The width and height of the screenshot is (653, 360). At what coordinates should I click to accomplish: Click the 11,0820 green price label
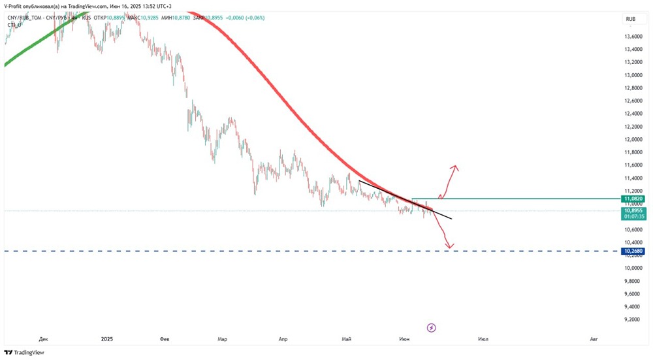click(634, 199)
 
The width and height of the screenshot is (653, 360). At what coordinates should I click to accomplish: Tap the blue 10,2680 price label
click(634, 251)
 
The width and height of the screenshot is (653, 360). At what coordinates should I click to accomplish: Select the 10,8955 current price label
click(634, 210)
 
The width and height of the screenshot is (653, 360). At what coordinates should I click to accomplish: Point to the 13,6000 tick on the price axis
click(633, 37)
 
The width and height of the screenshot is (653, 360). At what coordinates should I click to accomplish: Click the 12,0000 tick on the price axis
click(633, 139)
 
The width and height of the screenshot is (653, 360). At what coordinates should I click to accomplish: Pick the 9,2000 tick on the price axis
click(633, 319)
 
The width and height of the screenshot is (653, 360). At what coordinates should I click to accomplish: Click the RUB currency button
click(631, 20)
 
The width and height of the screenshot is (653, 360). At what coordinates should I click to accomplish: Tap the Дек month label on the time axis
click(44, 339)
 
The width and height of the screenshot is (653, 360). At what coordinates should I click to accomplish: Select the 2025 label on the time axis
click(108, 339)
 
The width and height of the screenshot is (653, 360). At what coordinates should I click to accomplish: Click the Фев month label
click(165, 339)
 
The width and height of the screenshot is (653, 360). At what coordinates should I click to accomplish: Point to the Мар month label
click(223, 339)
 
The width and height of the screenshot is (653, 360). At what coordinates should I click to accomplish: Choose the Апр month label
click(283, 339)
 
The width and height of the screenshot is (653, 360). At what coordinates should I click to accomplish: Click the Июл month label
click(483, 339)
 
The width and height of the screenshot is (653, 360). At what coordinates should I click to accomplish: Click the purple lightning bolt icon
click(430, 327)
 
